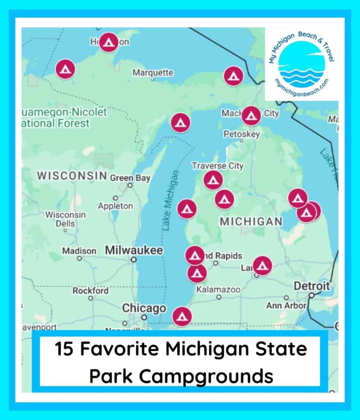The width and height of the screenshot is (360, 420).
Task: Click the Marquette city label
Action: point(153,73)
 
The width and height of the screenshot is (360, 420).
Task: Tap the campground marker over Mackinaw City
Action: point(251,116)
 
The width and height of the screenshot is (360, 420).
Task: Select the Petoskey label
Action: point(242,134)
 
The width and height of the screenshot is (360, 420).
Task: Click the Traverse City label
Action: point(218,166)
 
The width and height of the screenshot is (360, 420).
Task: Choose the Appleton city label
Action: point(115,206)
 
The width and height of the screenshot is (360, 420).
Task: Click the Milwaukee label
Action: point(134,250)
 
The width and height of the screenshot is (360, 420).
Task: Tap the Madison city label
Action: point(79,251)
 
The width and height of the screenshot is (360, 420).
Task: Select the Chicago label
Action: point(138,308)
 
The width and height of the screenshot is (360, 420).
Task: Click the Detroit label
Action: point(312,286)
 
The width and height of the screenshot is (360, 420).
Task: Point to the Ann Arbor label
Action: point(286,306)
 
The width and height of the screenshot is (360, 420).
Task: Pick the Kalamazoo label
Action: point(218,290)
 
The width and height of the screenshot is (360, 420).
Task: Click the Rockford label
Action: point(91,291)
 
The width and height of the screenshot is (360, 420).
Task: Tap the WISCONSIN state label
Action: point(72,176)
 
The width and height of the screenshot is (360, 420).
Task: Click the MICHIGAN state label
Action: point(251,221)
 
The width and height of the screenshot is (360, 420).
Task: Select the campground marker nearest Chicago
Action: point(182,316)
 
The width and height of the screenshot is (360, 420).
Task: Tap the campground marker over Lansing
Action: point(262,265)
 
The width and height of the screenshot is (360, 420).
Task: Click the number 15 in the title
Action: point(65,350)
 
